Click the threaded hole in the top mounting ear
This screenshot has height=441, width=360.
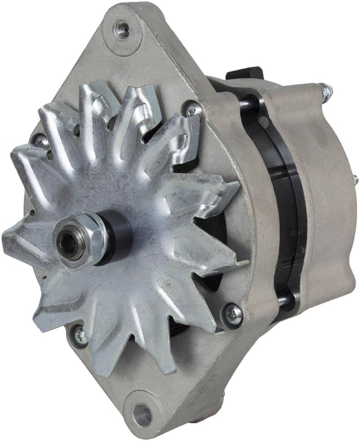click(x=122, y=29)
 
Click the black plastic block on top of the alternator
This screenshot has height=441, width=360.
click(x=244, y=74)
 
